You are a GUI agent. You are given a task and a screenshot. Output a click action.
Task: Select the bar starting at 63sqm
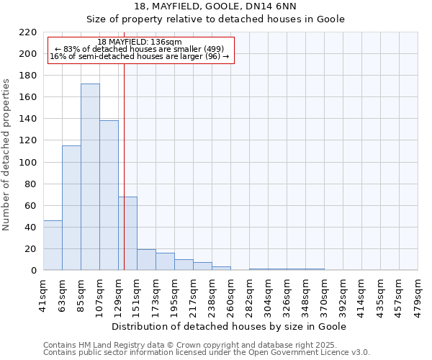coord(71,208)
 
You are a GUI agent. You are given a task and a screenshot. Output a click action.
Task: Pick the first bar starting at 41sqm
coord(53,246)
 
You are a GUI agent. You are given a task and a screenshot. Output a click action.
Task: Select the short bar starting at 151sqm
coord(146,260)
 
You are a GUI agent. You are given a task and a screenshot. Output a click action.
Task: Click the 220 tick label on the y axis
coord(28,32)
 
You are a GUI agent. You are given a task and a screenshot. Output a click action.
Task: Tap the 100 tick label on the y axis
coord(28,163)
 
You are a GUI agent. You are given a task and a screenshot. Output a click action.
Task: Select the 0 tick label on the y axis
coord(33,271)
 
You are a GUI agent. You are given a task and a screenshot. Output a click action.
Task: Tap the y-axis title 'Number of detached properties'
coord(7,156)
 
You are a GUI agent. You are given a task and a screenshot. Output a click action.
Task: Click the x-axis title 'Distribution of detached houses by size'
coord(230,326)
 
